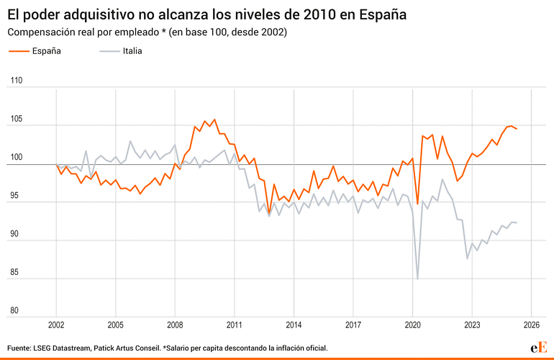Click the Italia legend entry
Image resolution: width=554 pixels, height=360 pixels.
(132, 51)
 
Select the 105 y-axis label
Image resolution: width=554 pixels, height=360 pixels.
(14, 120)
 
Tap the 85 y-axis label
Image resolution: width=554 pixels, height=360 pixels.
(14, 274)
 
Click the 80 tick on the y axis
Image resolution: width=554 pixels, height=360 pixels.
(14, 311)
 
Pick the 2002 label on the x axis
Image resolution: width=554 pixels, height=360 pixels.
(56, 324)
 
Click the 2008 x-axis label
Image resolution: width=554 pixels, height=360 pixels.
(175, 324)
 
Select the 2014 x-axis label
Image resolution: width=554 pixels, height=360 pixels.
(294, 324)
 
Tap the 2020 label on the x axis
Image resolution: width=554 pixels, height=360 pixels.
(412, 324)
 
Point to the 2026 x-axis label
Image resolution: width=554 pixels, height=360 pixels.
(531, 324)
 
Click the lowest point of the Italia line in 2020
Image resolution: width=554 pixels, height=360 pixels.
(417, 279)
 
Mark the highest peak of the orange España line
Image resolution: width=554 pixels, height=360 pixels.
(214, 120)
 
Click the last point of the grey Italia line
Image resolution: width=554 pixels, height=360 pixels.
(517, 222)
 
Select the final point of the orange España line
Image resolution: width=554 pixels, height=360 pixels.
(517, 129)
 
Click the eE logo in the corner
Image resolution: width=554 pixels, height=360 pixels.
(539, 347)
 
